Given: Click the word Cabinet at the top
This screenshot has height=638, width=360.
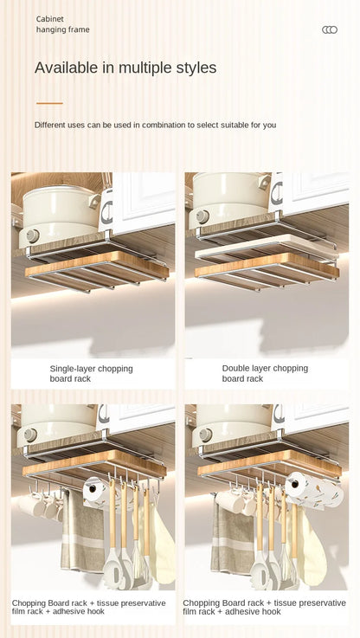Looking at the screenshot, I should tap(50, 18).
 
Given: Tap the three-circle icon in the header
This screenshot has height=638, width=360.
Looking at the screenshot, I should tap(330, 29).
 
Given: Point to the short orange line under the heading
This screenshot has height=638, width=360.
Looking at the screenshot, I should tap(49, 103).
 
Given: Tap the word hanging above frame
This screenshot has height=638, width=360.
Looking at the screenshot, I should tap(51, 29).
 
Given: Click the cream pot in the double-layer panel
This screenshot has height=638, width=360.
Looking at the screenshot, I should tap(229, 199).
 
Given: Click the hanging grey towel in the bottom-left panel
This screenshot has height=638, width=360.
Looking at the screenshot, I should tap(83, 537).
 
